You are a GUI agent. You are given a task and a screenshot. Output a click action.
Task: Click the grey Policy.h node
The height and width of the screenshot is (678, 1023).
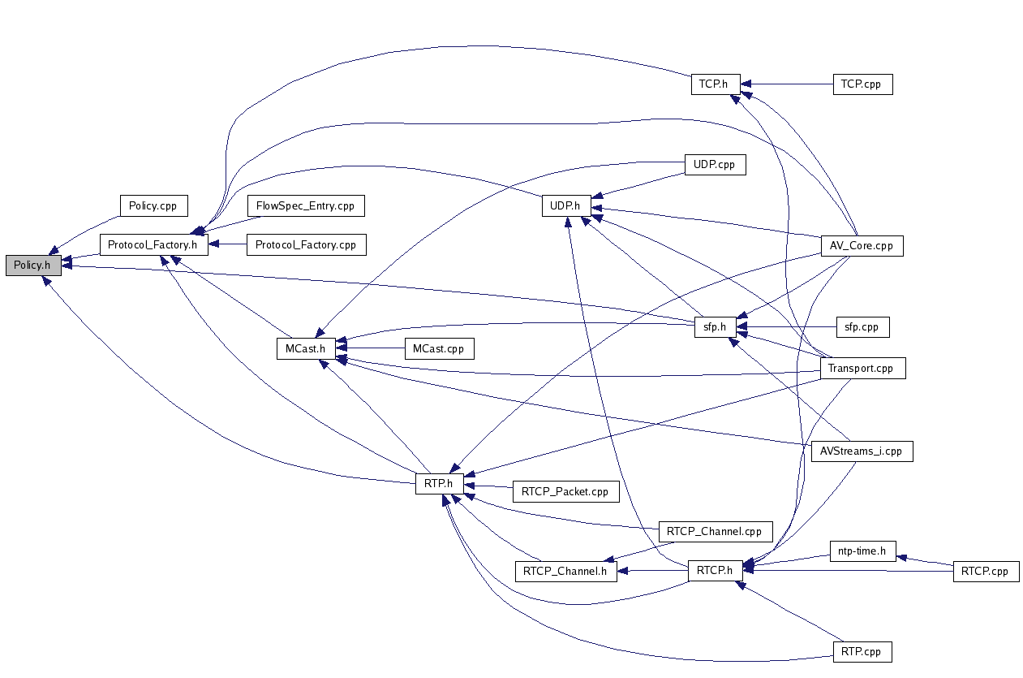tap(32, 266)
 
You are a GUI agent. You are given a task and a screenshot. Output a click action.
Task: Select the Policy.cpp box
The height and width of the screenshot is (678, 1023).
tap(153, 205)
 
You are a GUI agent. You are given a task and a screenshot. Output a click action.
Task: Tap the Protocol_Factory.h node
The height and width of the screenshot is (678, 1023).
tap(153, 244)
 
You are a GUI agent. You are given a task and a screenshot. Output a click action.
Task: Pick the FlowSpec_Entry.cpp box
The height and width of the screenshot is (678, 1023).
tap(305, 205)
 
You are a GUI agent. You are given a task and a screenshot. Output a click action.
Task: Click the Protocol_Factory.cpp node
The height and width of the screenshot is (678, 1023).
tap(305, 244)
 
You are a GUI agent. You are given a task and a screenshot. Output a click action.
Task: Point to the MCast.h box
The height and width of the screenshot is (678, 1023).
tap(305, 348)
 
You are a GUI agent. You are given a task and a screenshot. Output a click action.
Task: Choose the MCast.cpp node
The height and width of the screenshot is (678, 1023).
tap(438, 348)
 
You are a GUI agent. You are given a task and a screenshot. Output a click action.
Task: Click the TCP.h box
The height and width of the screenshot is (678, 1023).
tap(715, 84)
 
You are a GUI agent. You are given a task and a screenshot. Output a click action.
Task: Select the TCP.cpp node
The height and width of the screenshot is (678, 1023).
tap(862, 84)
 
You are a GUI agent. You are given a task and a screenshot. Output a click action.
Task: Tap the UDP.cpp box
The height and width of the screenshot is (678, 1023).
tap(714, 164)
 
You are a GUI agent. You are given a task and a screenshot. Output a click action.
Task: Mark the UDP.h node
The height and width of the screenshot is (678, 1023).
tap(565, 206)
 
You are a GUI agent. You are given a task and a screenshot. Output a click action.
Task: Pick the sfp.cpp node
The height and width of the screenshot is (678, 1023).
tap(862, 327)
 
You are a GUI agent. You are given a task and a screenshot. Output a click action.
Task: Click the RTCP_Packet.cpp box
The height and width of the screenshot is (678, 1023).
tap(565, 491)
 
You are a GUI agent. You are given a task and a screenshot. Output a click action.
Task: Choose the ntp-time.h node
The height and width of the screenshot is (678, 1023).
tap(862, 551)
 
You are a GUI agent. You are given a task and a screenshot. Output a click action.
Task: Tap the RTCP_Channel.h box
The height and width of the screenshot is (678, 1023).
tap(565, 571)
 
